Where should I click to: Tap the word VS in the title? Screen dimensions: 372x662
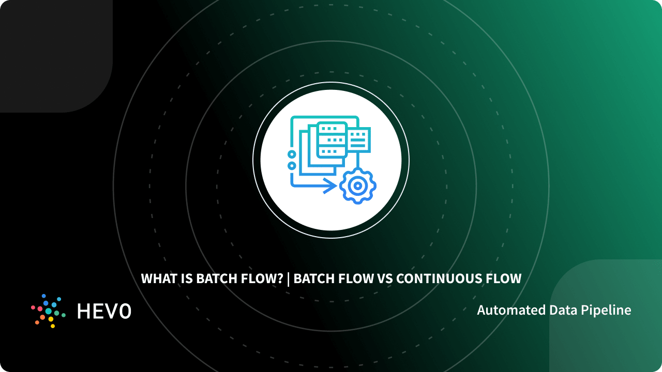[x=384, y=279]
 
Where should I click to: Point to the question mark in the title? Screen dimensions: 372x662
[x=280, y=279]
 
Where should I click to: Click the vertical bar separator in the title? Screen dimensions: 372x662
[x=289, y=279]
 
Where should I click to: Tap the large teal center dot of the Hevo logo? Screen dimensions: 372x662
[x=49, y=311]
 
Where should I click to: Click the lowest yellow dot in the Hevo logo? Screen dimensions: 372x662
[x=52, y=326]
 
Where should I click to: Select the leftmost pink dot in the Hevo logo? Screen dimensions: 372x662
[x=33, y=307]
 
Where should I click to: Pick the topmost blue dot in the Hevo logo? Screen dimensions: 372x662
[x=44, y=296]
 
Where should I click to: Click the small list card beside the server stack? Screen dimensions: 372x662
[x=358, y=138]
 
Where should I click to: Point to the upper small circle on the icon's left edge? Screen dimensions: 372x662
[x=292, y=154]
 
